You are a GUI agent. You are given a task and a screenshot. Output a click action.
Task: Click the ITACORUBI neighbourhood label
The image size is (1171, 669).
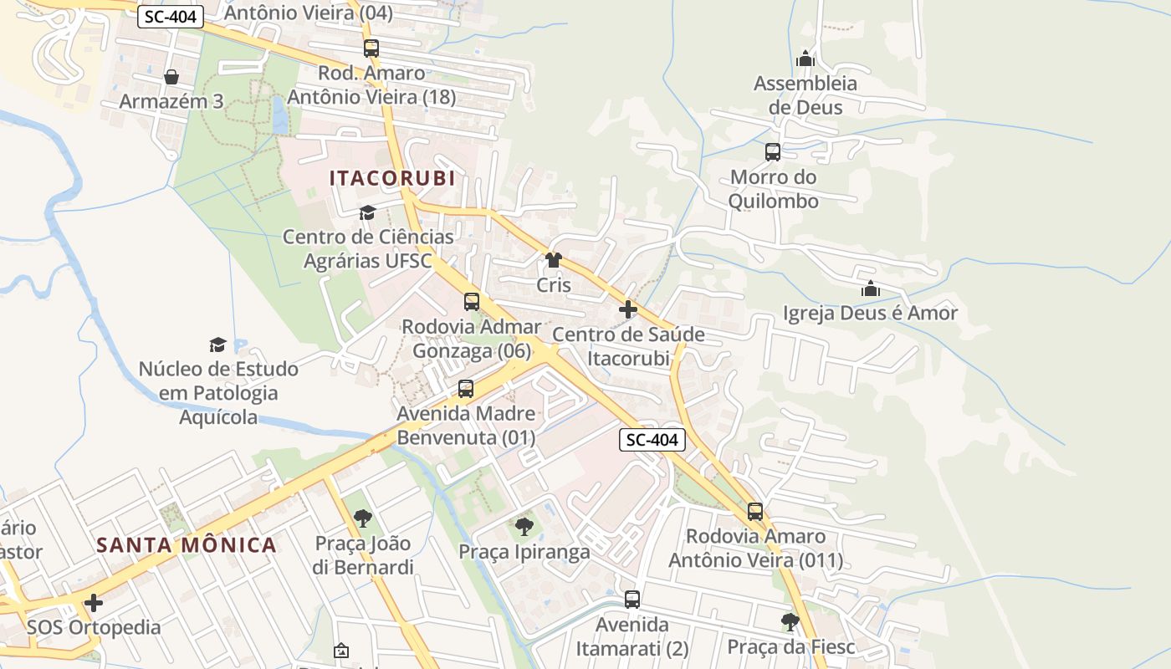coord(392,178)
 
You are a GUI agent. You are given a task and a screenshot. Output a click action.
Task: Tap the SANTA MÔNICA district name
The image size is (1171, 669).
coord(187,545)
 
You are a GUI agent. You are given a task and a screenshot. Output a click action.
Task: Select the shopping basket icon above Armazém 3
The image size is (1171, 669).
coord(171,77)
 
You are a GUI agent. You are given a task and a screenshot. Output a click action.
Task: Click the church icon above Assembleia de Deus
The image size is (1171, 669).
coord(805,59)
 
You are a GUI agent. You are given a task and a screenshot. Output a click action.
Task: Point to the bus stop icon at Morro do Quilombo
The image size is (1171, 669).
coord(773,152)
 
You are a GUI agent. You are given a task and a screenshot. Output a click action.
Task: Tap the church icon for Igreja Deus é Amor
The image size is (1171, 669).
coord(870,289)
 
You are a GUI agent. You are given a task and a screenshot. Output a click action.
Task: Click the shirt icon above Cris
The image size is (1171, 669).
coord(553,260)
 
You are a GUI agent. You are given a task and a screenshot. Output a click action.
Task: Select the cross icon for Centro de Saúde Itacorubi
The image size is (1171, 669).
coord(628,309)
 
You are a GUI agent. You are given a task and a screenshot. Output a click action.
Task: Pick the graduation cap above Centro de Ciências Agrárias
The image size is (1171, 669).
coord(367,212)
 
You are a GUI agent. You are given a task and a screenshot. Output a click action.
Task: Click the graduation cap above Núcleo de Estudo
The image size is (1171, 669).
coord(217,345)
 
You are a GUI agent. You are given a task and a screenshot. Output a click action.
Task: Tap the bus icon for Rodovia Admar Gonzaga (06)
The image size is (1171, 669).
coord(472,302)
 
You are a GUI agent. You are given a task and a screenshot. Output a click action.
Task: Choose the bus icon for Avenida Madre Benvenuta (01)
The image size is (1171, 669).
coord(466,389)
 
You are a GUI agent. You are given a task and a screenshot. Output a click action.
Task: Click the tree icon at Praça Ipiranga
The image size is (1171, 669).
coord(524,526)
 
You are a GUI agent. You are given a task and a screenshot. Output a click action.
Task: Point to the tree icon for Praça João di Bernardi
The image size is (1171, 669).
coord(362,518)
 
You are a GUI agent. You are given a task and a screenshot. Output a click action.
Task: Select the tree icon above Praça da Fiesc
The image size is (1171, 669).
coord(790,621)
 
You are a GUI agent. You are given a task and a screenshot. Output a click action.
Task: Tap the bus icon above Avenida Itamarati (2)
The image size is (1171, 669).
coord(632,600)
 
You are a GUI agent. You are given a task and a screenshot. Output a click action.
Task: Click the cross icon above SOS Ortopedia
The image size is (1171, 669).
coord(94,603)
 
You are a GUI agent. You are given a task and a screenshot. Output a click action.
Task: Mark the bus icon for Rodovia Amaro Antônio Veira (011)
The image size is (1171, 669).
coord(755,512)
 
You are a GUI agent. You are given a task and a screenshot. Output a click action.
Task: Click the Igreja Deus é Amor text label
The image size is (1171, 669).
coord(870,314)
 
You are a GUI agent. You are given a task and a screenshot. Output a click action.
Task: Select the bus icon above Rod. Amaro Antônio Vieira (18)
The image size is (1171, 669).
coord(371,49)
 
